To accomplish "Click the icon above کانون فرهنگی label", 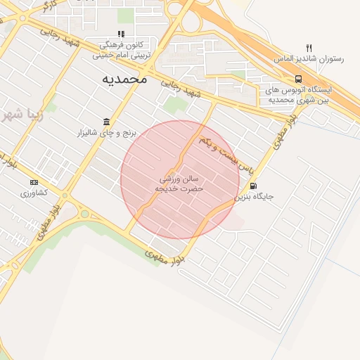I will coord(122,34).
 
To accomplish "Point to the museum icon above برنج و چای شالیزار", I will coord(105,121).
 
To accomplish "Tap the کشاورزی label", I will coord(34,193).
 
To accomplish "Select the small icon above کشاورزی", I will coord(34,182).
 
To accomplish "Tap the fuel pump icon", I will coord(253,186).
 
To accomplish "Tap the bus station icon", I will coord(299,79).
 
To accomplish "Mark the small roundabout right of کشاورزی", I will coord(84,214).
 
